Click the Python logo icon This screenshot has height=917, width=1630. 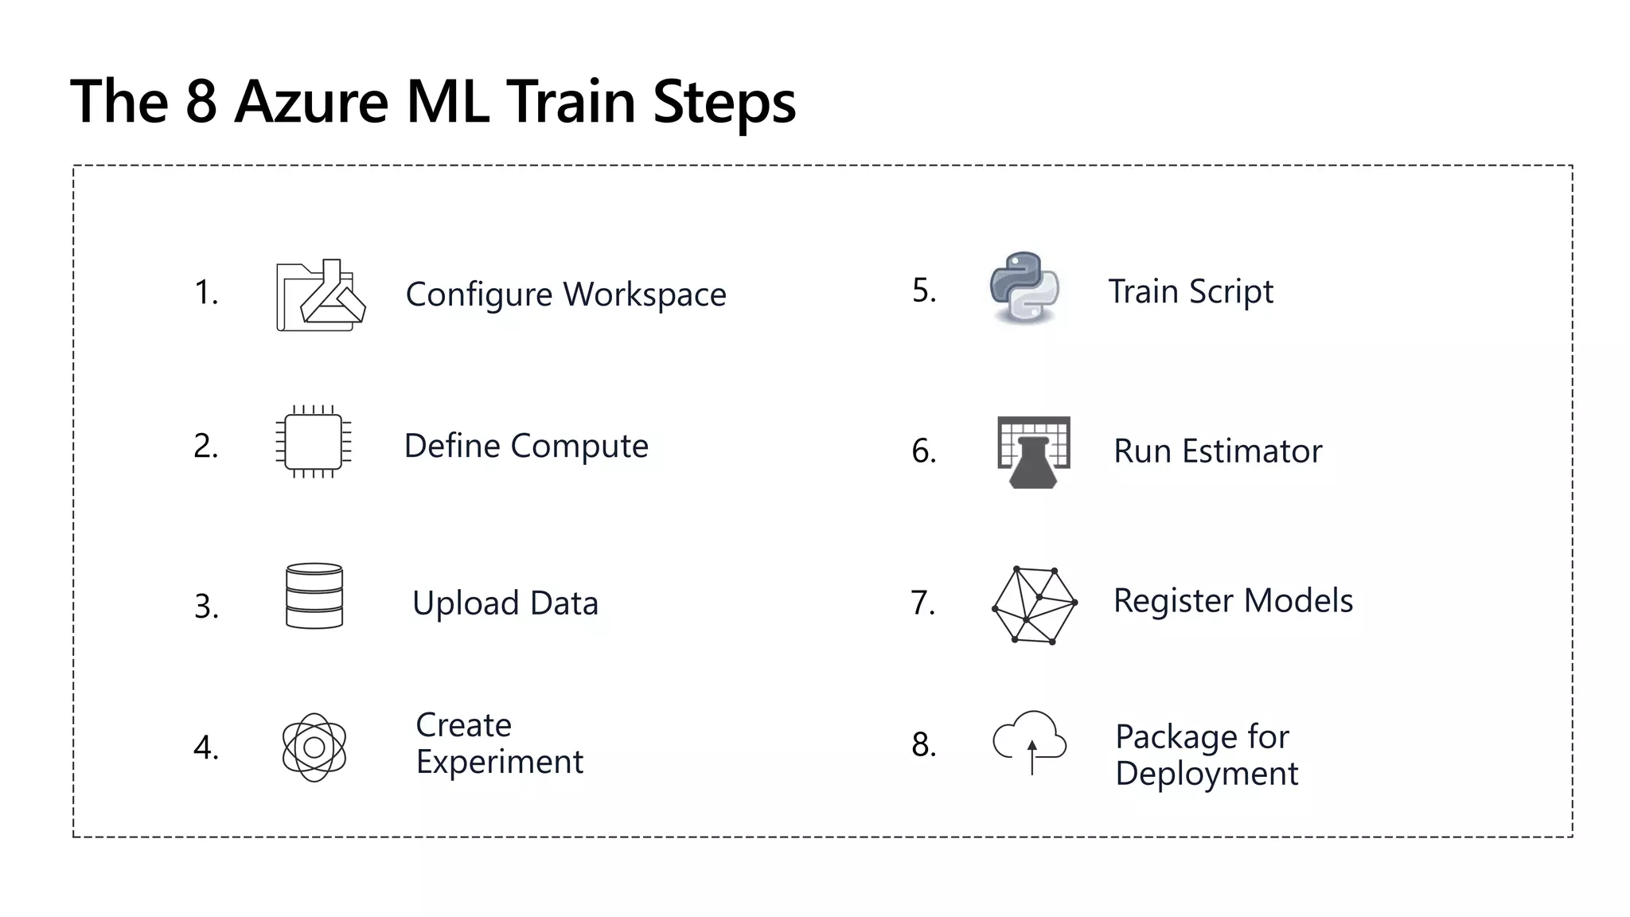1024,288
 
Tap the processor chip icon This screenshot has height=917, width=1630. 314,442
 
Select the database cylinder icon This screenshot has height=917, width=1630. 314,596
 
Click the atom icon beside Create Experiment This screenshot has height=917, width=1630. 314,747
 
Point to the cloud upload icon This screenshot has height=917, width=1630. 1030,740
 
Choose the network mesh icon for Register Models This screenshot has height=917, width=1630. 1034,605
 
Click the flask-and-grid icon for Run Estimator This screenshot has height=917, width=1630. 1034,451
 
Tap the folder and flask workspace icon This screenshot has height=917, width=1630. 320,295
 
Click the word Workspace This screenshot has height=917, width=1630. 645,295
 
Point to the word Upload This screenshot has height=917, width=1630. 466,603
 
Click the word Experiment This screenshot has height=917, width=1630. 499,763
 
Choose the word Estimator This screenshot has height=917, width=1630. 1252,451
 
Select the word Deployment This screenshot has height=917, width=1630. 1207,774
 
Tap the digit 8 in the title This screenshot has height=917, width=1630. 201,102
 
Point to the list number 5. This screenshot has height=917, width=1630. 922,291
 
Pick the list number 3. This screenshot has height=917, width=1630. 205,607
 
